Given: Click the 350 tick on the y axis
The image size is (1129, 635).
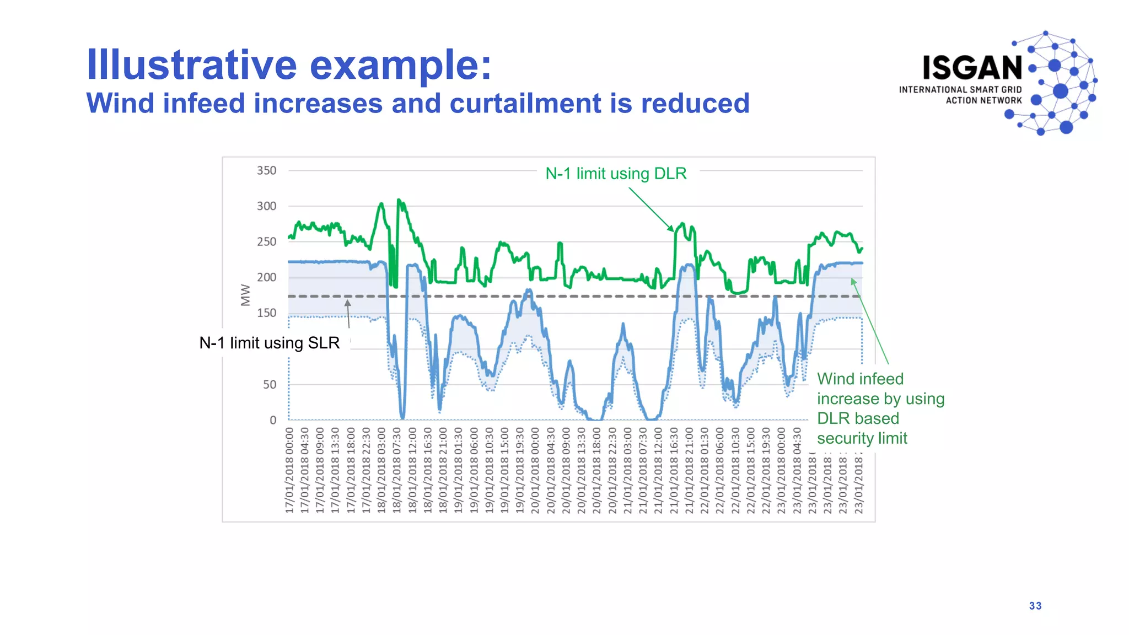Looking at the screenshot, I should pyautogui.click(x=266, y=171).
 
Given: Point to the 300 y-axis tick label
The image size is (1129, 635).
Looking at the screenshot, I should pyautogui.click(x=266, y=206).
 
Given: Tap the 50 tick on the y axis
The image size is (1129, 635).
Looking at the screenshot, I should pyautogui.click(x=269, y=385).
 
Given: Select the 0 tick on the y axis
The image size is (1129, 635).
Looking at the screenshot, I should pyautogui.click(x=273, y=420).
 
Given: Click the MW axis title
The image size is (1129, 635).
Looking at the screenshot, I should pyautogui.click(x=245, y=295).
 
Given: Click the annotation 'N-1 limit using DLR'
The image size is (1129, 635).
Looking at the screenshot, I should pyautogui.click(x=616, y=174).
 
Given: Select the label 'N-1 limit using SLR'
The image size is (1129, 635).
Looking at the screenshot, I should pyautogui.click(x=269, y=343).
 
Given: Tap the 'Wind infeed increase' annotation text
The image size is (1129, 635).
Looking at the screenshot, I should pyautogui.click(x=880, y=408).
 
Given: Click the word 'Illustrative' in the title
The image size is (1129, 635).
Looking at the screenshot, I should pyautogui.click(x=192, y=65).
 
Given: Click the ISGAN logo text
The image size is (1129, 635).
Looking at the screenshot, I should pyautogui.click(x=972, y=68).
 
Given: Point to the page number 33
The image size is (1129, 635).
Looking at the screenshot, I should pyautogui.click(x=1035, y=606).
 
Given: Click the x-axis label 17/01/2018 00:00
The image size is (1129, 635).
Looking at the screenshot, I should pyautogui.click(x=289, y=470).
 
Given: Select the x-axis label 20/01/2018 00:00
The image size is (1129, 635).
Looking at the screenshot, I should pyautogui.click(x=535, y=470).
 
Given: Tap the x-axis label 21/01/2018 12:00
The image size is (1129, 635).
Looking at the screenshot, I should pyautogui.click(x=658, y=470).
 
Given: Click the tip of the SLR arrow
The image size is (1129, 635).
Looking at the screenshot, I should pyautogui.click(x=348, y=301).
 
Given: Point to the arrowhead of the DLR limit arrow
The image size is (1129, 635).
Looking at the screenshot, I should pyautogui.click(x=672, y=230).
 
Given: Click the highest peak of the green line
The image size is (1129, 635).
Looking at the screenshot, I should pyautogui.click(x=399, y=200).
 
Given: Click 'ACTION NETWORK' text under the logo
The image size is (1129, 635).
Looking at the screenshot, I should pyautogui.click(x=983, y=100).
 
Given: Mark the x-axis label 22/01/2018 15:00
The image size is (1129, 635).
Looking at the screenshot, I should pyautogui.click(x=750, y=470).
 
